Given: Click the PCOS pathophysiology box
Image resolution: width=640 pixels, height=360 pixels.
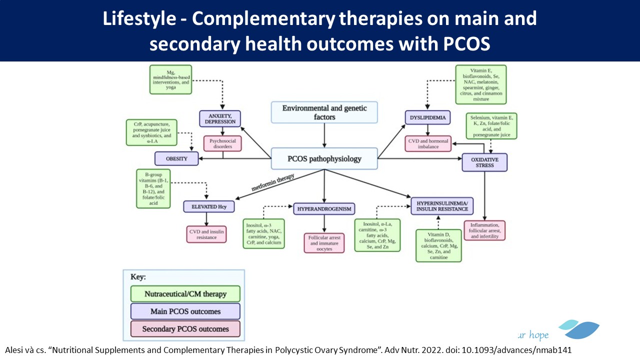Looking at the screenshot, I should point(324,159).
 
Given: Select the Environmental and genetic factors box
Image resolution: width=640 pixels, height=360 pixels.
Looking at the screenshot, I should point(324,112).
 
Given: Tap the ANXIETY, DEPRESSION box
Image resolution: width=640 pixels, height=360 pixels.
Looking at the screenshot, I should point(220,118).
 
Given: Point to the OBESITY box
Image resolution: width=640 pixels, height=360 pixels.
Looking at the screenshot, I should point(177,159).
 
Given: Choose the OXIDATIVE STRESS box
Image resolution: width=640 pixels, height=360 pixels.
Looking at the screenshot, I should point(484,162).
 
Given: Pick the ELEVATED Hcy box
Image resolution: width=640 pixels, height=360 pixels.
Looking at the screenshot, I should point(208,206).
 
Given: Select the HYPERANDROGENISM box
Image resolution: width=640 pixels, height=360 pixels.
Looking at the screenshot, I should point(324,208).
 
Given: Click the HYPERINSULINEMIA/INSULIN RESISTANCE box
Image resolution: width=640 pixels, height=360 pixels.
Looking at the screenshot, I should point(442,205).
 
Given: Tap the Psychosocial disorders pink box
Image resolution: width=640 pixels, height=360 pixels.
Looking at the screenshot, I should point(222,143).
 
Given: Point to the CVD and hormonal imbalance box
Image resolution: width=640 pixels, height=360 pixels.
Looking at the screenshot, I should point(427,143).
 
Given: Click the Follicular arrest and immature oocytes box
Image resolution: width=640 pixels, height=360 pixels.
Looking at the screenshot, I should point(324,242).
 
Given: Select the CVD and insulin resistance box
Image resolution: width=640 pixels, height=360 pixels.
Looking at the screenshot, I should point(206,234).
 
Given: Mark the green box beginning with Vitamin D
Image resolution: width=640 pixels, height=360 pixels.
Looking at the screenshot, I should point(438,245).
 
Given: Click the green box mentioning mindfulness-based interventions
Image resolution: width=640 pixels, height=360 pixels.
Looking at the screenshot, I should point(171,79).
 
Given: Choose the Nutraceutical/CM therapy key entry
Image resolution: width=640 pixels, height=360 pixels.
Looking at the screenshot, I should point(185,293).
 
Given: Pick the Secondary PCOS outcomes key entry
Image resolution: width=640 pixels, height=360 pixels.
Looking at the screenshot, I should point(185,328).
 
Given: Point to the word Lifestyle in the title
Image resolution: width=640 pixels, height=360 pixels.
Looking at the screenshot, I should point(139,19).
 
